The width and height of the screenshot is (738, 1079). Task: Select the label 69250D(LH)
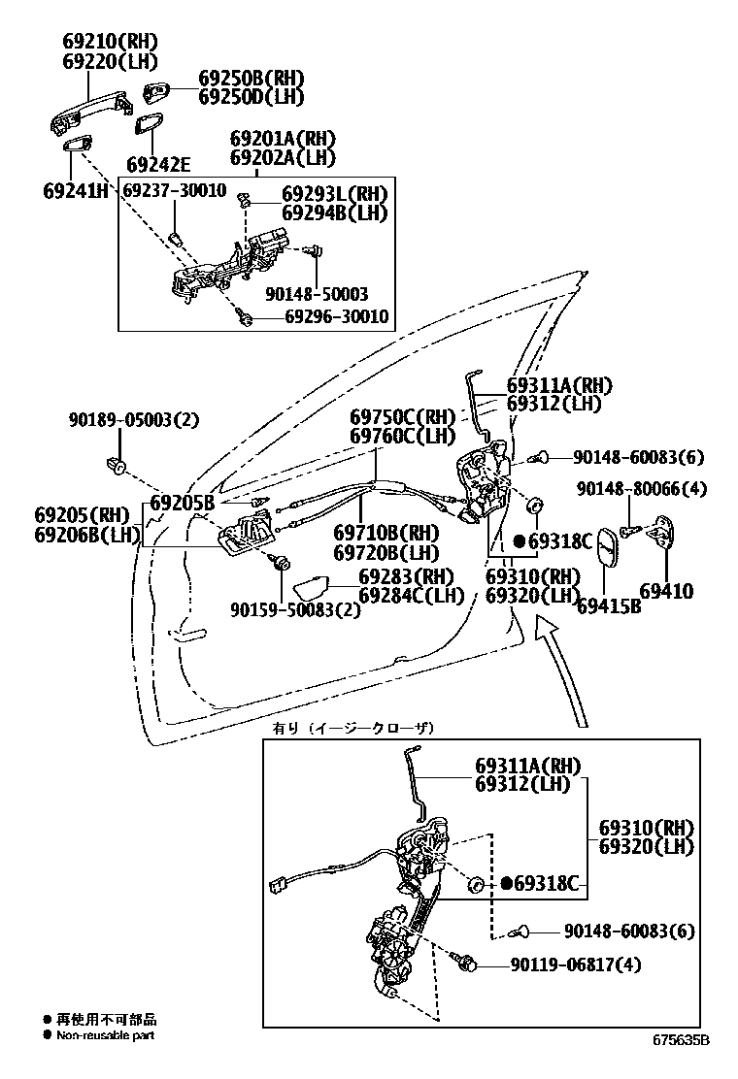point(252,96)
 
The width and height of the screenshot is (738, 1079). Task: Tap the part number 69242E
point(158,165)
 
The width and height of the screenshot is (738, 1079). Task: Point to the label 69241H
point(76,190)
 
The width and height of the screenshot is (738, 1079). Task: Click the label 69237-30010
point(174,190)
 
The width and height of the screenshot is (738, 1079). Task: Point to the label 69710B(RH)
point(386,533)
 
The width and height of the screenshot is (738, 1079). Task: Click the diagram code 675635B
point(681,1040)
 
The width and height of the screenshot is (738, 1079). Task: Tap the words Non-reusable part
point(105,1034)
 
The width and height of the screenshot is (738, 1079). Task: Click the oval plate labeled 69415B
point(603,551)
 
